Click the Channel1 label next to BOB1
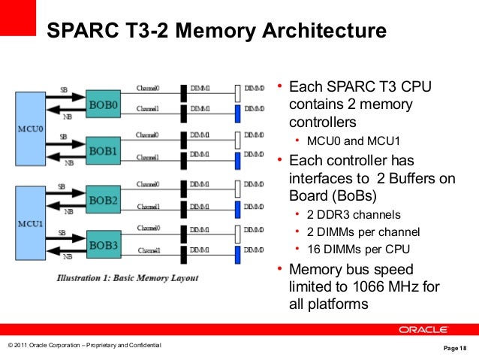tap(146, 158)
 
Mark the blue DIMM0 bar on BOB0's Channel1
tap(237, 113)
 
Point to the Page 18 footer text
tap(455, 348)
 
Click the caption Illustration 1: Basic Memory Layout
tap(128, 278)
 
